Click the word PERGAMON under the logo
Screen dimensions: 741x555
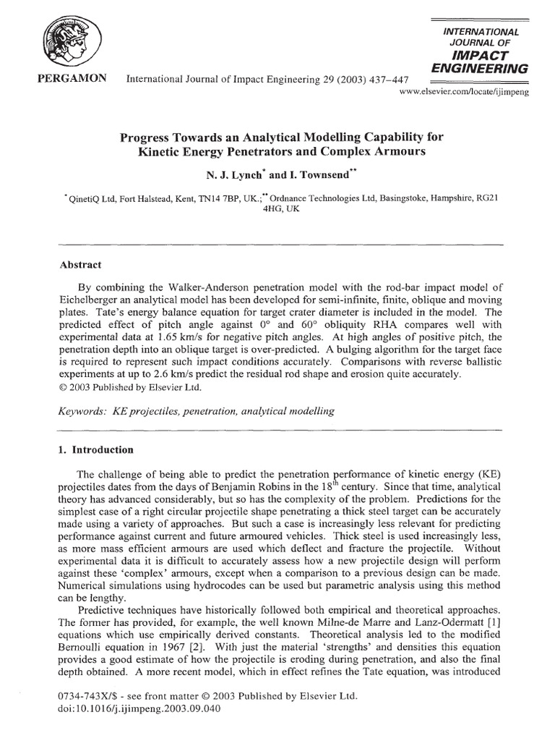point(66,78)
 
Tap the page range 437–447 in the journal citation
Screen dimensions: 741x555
point(365,80)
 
